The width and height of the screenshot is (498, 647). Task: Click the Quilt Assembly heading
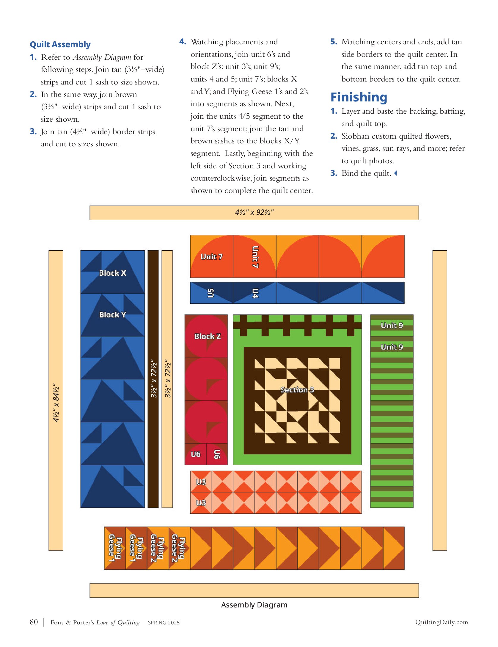click(60, 45)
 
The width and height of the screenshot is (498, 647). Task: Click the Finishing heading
click(359, 98)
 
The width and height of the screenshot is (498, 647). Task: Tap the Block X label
click(112, 273)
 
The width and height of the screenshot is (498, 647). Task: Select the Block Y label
click(112, 315)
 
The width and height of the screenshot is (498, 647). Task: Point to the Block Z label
click(208, 336)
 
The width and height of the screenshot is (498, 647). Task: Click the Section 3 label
click(297, 390)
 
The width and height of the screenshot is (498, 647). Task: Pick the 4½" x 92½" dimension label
click(254, 212)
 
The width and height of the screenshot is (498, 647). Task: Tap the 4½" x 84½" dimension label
click(56, 404)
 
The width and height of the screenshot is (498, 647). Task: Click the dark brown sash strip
click(153, 379)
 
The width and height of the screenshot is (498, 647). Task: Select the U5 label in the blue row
click(210, 293)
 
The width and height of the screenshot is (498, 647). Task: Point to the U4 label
click(255, 293)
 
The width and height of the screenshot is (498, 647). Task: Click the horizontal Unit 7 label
click(211, 257)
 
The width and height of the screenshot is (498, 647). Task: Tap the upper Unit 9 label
click(392, 325)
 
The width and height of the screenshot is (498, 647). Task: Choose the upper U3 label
click(201, 482)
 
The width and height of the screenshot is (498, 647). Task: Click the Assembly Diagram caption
click(254, 605)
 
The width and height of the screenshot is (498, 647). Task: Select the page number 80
click(34, 622)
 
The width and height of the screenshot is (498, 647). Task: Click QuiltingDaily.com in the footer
click(442, 622)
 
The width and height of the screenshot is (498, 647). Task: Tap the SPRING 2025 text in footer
click(164, 623)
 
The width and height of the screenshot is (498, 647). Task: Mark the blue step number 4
click(183, 42)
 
